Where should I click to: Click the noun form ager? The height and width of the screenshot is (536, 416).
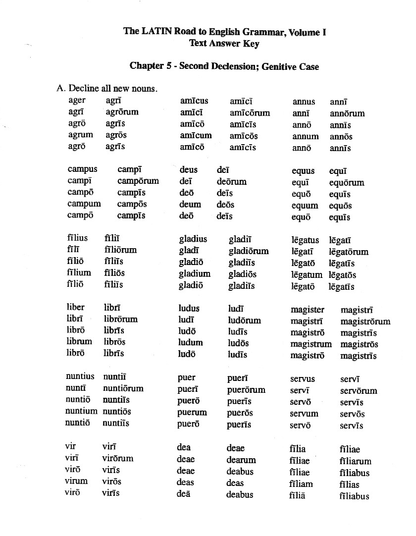(x=77, y=101)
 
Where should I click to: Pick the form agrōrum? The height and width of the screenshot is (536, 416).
(x=122, y=112)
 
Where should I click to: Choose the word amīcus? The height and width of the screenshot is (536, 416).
(x=194, y=101)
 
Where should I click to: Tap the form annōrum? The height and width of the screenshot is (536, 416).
(x=347, y=113)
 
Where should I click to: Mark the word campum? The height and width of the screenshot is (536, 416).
(x=84, y=204)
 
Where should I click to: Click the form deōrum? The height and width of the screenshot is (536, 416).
(x=231, y=181)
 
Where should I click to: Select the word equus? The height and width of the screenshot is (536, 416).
(x=304, y=171)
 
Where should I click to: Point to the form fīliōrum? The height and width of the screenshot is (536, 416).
(x=120, y=250)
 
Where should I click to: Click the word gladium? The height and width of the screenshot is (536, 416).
(x=195, y=273)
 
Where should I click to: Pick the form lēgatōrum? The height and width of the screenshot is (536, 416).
(x=349, y=252)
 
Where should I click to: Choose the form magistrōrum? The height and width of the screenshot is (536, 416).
(x=365, y=322)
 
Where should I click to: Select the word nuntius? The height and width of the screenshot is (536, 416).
(x=80, y=376)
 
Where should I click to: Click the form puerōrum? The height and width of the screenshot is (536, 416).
(x=246, y=390)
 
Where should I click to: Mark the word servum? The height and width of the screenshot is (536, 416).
(x=304, y=414)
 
